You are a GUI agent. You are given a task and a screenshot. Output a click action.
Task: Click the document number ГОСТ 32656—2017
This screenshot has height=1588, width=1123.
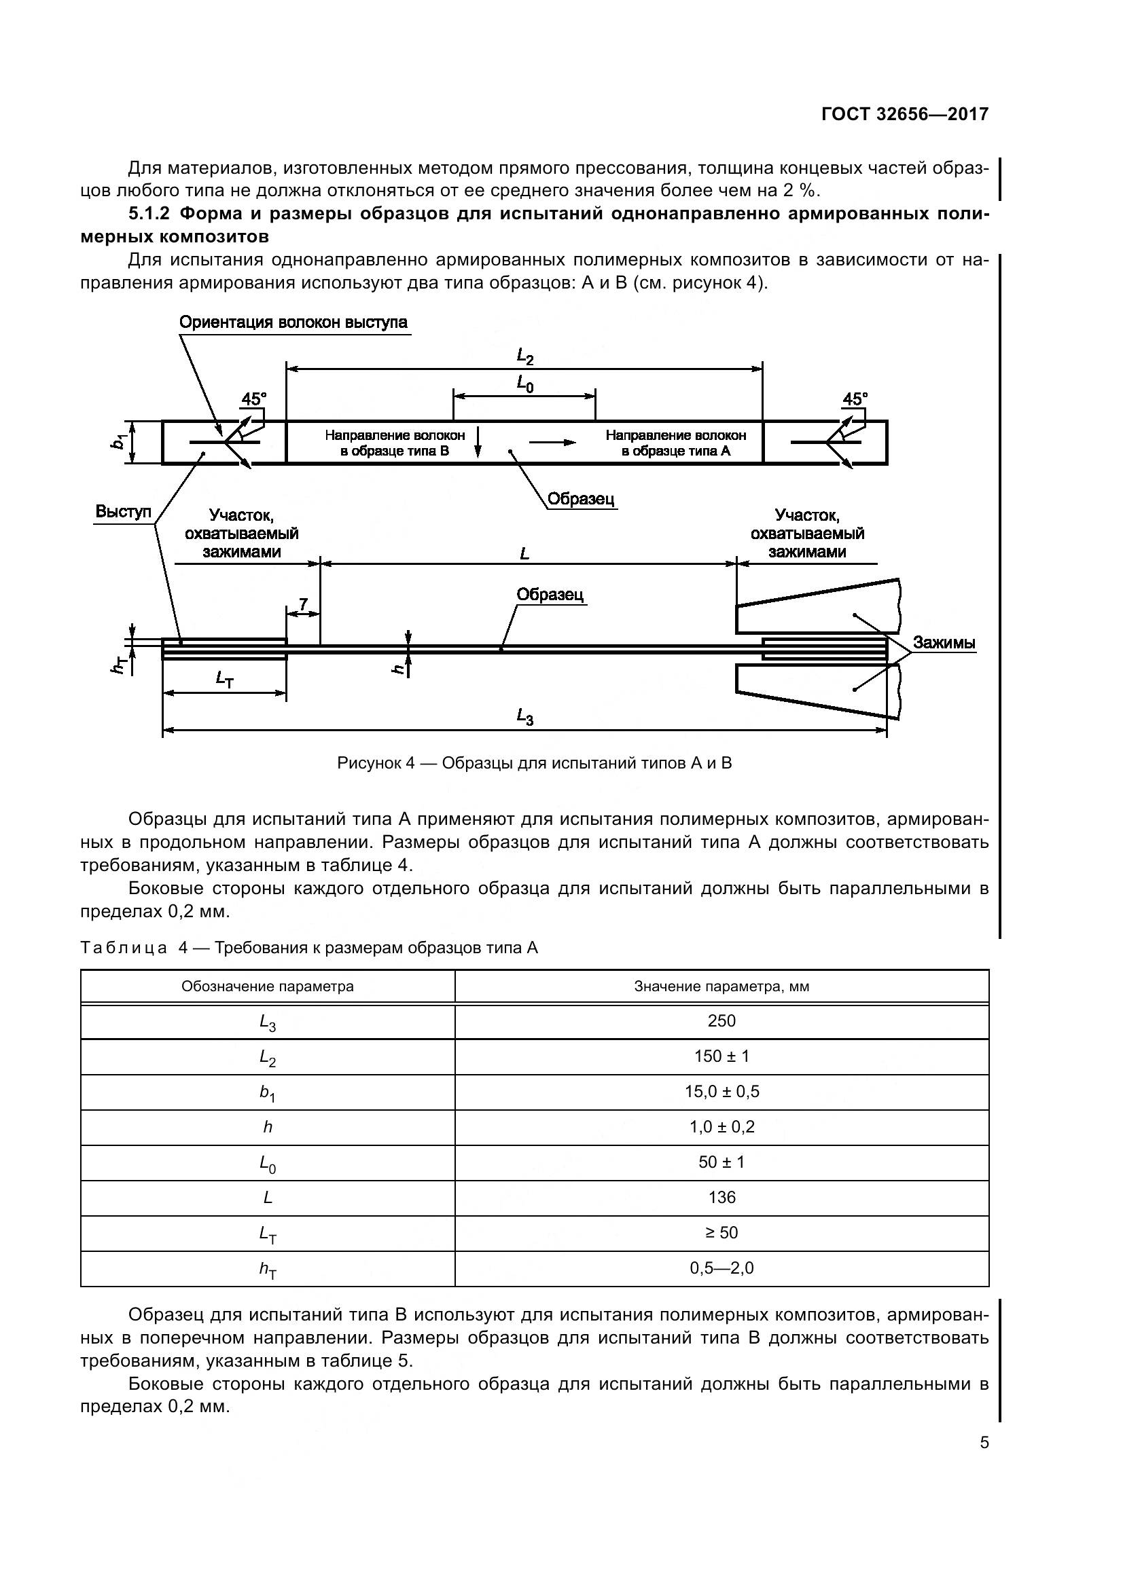coord(904,114)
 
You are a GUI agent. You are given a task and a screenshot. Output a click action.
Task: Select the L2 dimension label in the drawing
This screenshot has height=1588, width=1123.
coord(525,357)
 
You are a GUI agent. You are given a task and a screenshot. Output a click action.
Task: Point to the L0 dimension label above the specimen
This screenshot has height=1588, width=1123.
coord(525,384)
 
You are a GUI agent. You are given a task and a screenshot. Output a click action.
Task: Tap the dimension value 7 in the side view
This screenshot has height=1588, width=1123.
coord(303,604)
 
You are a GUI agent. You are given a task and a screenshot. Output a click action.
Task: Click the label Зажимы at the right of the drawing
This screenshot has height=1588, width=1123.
coord(944,642)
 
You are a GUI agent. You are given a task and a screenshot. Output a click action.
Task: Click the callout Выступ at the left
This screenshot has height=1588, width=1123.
coord(122,512)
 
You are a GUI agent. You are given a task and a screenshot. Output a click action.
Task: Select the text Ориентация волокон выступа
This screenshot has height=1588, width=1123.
coord(293,322)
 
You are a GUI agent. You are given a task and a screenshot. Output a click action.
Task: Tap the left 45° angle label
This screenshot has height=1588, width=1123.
coord(253,399)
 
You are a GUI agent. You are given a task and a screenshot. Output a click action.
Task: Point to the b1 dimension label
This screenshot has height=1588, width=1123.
coord(119,441)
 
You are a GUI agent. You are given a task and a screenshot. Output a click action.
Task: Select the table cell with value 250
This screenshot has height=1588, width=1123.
coord(721,1021)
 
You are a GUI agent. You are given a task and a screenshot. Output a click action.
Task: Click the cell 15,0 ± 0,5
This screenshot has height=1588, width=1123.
coord(721,1092)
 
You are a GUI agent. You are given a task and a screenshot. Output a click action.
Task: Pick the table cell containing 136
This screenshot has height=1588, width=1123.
coord(721,1197)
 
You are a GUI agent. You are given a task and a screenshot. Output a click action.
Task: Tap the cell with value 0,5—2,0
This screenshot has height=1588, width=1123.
coord(721,1268)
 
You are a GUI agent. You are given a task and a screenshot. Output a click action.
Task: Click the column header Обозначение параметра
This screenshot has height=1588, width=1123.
coord(267,986)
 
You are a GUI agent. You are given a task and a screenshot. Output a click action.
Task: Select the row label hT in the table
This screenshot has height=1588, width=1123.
coord(267,1269)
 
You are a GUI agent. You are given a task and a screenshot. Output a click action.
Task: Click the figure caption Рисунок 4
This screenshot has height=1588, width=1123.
coord(534,764)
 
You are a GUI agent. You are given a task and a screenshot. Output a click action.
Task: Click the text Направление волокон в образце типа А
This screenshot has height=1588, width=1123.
coord(675,443)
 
